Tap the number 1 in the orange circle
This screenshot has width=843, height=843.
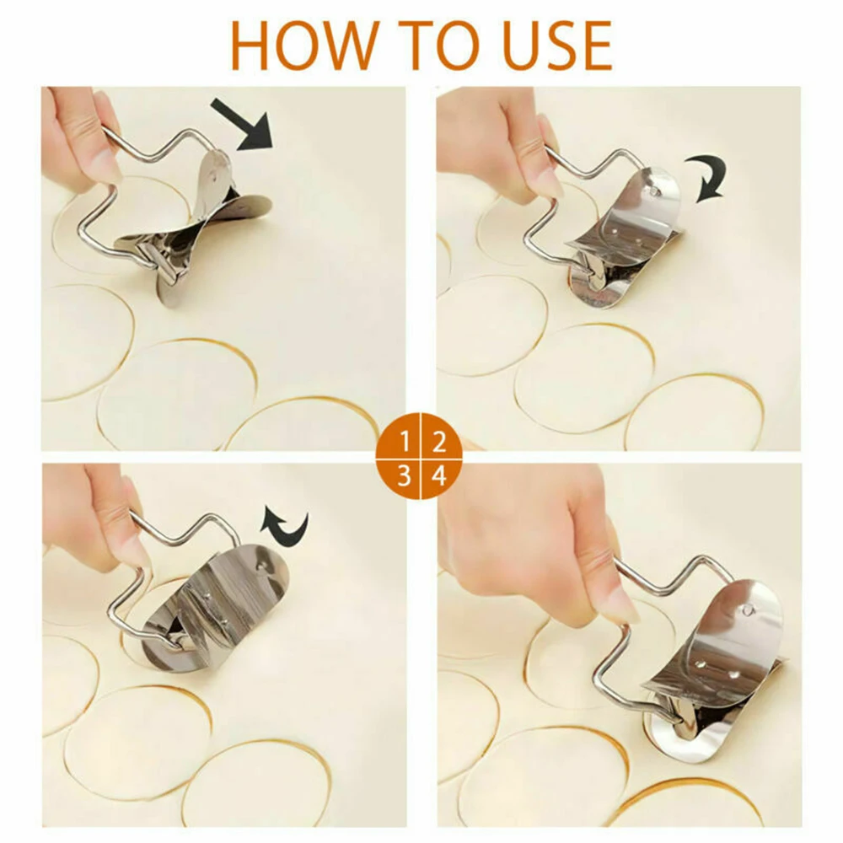click(x=405, y=443)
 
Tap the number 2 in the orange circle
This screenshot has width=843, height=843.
click(x=439, y=443)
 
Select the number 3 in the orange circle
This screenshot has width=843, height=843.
click(x=405, y=476)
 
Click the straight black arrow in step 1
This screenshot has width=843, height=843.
click(x=242, y=124)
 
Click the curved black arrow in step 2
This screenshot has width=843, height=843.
click(x=712, y=177)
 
